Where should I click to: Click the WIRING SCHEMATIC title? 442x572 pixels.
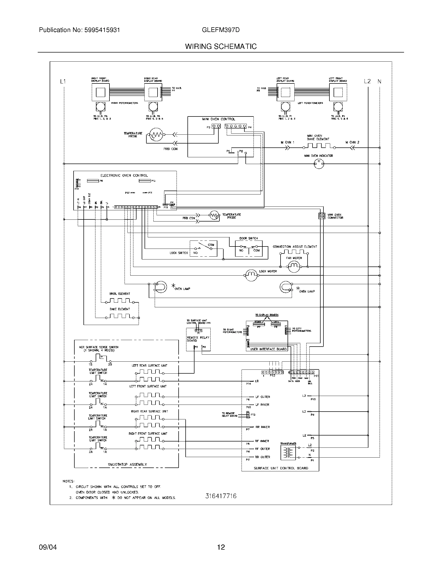pos(221,46)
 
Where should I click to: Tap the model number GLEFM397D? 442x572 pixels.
pos(221,30)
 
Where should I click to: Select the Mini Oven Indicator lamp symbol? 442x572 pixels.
pos(319,164)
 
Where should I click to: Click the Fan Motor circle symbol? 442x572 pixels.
pos(294,266)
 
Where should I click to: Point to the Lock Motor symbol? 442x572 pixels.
pos(251,275)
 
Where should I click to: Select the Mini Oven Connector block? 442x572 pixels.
pos(322,216)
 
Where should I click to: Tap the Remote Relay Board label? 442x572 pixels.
pos(198,339)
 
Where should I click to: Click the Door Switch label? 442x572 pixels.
pos(249,238)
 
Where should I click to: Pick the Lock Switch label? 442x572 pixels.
pos(179,253)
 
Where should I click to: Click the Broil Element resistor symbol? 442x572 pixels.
pos(120,301)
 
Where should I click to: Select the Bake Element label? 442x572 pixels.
pos(120,309)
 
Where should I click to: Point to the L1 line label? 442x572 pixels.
pos(63,82)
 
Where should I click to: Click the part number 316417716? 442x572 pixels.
pos(221,496)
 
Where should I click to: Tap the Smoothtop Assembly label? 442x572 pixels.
pos(127,464)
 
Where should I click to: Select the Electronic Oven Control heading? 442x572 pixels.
pos(124,175)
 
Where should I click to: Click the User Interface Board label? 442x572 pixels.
pos(268,349)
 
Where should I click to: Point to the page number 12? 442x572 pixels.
pos(221,547)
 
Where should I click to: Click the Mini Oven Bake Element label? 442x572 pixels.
pos(318,138)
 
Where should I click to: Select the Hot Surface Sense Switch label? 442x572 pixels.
pos(99,348)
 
